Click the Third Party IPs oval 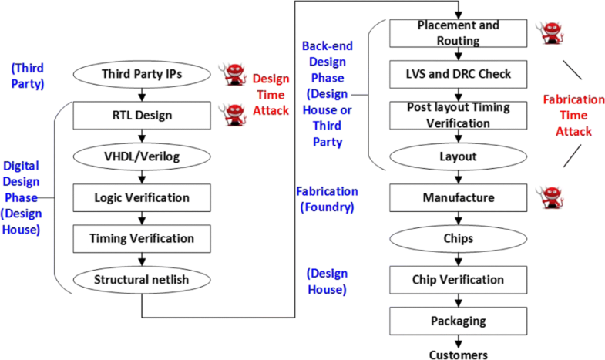(141, 74)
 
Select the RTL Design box (141, 116)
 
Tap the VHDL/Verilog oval (141, 156)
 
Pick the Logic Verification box (141, 197)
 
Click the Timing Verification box (141, 238)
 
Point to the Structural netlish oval (141, 278)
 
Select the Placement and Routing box (459, 33)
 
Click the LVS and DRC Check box (459, 75)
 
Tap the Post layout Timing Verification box (459, 115)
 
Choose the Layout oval (459, 156)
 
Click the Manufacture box (459, 197)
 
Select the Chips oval (459, 238)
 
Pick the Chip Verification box (459, 278)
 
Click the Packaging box (459, 320)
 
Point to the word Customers (459, 354)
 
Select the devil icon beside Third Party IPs (233, 74)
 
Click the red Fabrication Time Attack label (567, 116)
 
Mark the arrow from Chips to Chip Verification (459, 258)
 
